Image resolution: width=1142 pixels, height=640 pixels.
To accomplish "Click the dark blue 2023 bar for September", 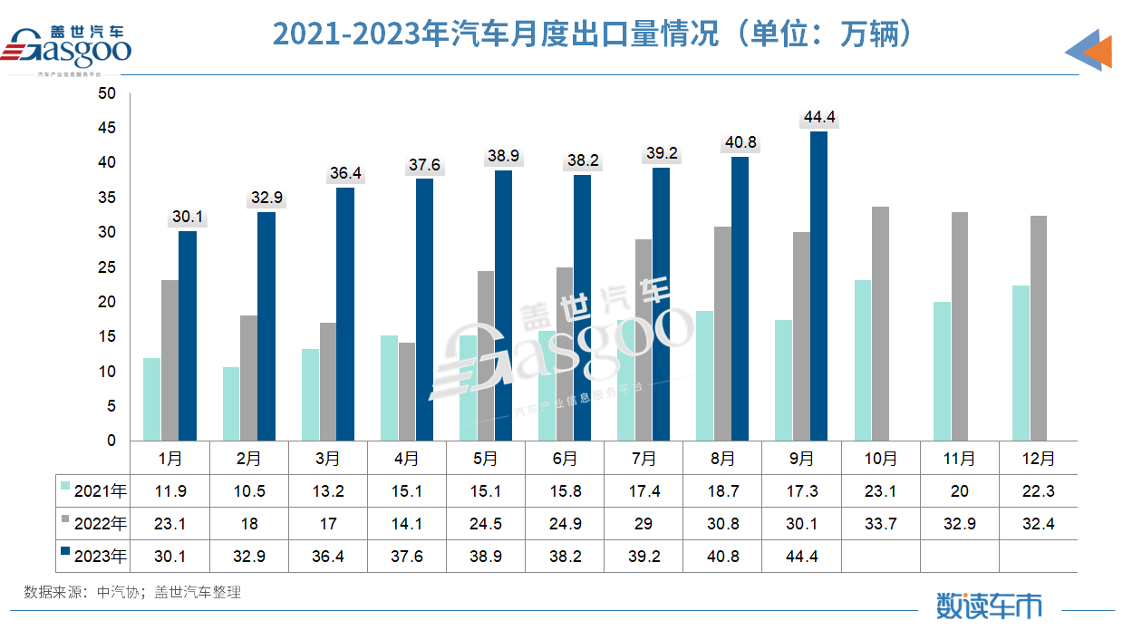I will (x=818, y=286).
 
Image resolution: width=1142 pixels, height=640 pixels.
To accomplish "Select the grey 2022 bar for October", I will (x=880, y=324).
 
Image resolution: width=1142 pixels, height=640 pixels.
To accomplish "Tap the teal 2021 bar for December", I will (x=1021, y=363).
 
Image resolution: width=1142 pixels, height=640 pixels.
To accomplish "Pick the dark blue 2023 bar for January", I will (x=188, y=335).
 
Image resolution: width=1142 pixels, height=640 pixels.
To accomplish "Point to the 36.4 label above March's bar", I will (x=345, y=172).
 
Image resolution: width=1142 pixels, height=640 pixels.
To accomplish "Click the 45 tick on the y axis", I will (x=108, y=128).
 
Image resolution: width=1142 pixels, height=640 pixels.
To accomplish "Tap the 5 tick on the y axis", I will (x=111, y=406).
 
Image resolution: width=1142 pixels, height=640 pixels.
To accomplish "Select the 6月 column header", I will (x=564, y=459).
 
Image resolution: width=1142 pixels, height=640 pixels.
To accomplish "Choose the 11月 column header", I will (x=960, y=459).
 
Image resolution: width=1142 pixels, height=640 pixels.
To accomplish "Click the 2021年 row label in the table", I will (x=100, y=491).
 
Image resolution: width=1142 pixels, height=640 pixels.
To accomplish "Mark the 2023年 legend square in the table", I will (x=65, y=554).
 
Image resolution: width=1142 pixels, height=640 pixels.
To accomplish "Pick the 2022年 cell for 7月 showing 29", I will (x=644, y=524).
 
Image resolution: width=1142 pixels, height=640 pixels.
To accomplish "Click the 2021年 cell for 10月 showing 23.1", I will (x=881, y=491).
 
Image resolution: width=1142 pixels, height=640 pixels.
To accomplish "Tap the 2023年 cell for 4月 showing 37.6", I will (x=407, y=557).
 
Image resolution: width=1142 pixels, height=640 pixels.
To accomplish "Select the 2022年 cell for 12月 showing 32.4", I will (x=1039, y=524).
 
